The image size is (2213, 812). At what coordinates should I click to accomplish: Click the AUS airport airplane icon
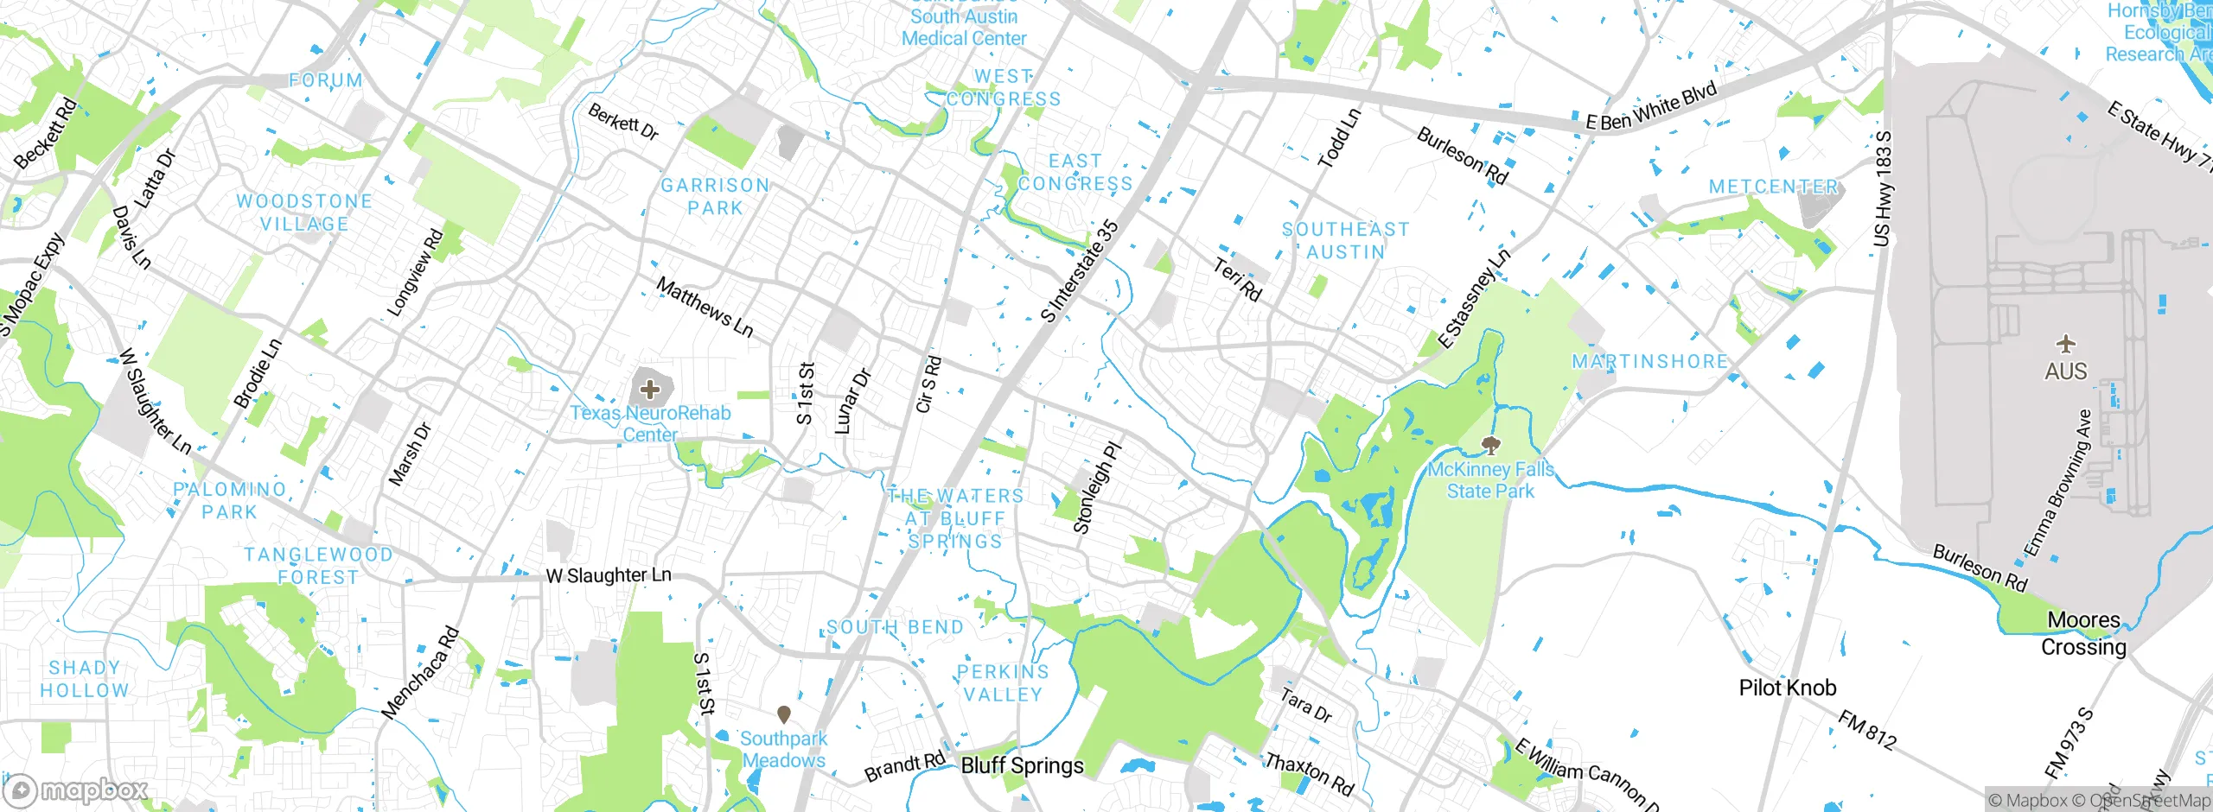2065,345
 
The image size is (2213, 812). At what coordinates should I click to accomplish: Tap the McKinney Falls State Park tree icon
1489,446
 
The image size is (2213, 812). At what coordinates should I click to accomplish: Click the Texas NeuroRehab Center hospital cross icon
650,390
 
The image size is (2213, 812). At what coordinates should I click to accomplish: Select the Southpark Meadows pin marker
784,714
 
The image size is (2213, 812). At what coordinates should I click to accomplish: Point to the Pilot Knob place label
1787,688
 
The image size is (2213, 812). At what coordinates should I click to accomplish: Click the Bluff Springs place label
1022,766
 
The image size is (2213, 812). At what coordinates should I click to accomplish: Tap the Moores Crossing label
2083,633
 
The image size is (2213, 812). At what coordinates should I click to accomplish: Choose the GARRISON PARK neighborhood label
715,197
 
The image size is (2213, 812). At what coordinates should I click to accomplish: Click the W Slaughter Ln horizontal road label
609,575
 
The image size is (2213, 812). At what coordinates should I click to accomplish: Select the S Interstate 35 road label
1080,271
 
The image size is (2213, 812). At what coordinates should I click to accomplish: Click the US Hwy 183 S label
1882,189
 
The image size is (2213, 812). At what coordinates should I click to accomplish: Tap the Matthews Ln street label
705,307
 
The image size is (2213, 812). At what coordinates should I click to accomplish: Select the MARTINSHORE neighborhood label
1649,362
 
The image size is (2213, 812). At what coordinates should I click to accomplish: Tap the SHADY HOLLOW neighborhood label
85,679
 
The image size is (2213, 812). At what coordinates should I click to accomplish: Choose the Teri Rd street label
1237,280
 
